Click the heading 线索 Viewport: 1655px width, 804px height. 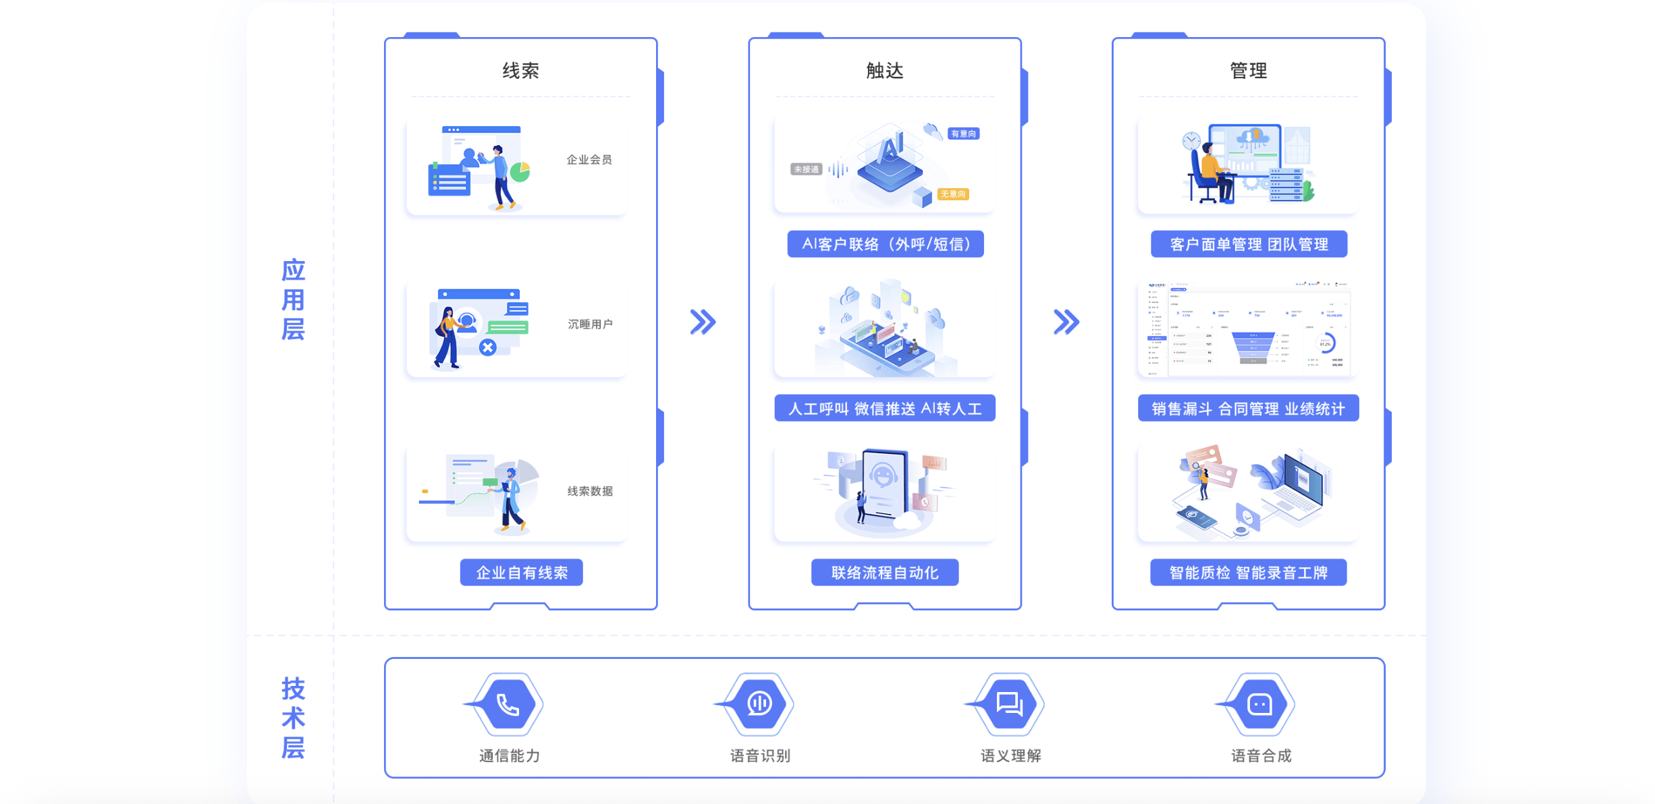pos(520,71)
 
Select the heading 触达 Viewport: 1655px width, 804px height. pos(884,71)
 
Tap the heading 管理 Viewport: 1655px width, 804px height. pos(1248,71)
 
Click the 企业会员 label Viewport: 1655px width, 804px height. pos(589,160)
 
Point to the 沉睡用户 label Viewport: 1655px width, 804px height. pos(590,324)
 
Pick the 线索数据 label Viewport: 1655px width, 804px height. pos(590,491)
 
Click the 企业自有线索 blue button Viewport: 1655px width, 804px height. pos(521,573)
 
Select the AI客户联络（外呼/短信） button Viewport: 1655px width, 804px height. pos(885,244)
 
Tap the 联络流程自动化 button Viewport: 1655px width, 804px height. pos(884,573)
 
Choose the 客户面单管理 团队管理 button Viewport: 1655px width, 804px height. pos(1249,244)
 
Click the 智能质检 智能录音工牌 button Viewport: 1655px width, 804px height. pos(1248,573)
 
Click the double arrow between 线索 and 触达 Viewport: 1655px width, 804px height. pos(703,322)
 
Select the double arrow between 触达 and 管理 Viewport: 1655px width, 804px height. pos(1066,322)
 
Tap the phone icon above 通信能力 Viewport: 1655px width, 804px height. pos(508,704)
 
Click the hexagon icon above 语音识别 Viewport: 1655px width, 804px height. pos(759,704)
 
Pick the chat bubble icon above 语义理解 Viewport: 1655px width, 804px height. pos(1010,704)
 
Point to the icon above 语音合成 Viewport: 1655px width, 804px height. pos(1260,704)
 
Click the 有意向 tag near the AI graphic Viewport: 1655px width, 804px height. pos(963,134)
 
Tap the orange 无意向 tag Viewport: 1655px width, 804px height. pos(953,194)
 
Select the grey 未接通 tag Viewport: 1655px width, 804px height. pos(806,169)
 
